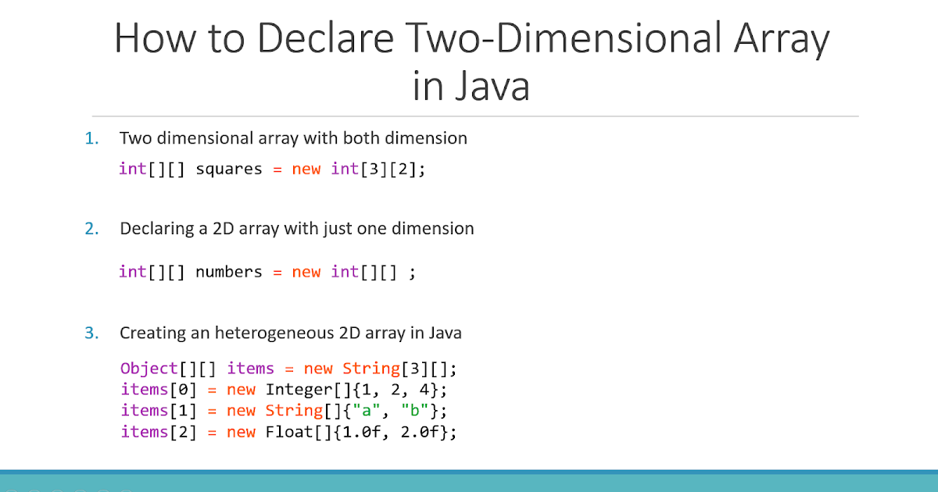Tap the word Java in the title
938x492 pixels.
[x=491, y=87]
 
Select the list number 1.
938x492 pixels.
[x=92, y=138]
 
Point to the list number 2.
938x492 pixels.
[x=92, y=229]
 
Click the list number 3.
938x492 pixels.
[x=92, y=333]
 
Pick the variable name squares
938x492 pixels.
[x=228, y=169]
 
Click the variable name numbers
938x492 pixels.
[x=228, y=272]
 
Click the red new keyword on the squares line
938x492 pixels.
[x=306, y=169]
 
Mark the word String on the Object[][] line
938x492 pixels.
[x=371, y=368]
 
